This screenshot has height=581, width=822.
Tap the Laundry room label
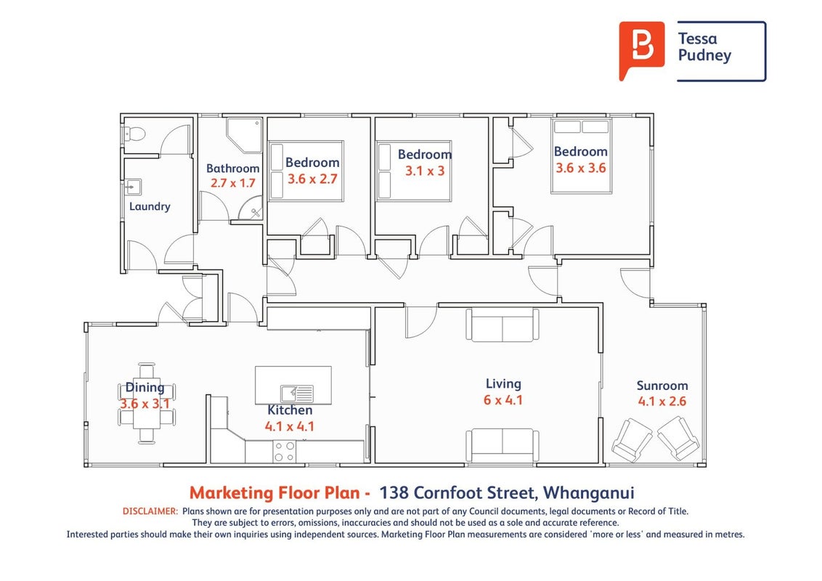click(x=150, y=206)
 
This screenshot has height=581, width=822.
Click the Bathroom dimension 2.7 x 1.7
click(x=233, y=183)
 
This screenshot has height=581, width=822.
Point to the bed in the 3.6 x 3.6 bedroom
click(x=582, y=155)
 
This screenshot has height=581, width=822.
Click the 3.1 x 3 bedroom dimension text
click(x=425, y=171)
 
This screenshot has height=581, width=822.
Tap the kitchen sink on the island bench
click(x=297, y=394)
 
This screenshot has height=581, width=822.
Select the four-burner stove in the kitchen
click(x=284, y=452)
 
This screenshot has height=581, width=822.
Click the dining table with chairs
click(x=147, y=403)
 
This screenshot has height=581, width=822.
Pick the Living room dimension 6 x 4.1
click(x=502, y=400)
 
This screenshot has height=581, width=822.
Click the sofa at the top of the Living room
click(x=502, y=325)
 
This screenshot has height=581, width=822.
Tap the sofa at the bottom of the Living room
click(x=502, y=445)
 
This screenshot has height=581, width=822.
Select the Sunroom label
click(x=662, y=386)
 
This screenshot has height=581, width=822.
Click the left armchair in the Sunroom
click(x=632, y=439)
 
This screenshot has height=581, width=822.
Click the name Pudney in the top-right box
click(x=704, y=56)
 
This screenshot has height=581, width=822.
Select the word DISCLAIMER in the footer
click(x=150, y=511)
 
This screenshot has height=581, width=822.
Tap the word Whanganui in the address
click(x=589, y=493)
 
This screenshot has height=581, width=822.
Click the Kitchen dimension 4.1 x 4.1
click(x=290, y=426)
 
